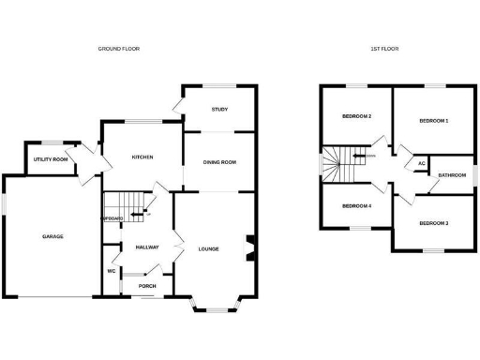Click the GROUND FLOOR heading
119,48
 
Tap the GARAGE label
52,236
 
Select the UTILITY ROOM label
51,159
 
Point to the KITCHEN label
142,157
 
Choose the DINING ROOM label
219,162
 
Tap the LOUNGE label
208,248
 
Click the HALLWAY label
147,247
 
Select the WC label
111,271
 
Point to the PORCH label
147,286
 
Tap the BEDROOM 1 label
433,121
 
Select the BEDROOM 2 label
357,116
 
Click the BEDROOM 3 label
433,223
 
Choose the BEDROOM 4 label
356,205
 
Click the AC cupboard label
421,163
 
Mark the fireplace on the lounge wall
248,248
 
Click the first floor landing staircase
343,165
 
